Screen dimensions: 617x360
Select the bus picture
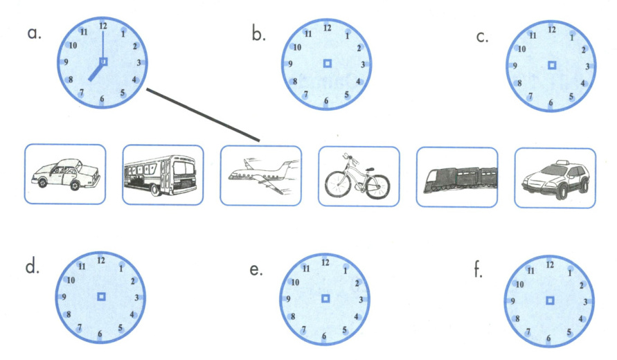[x=162, y=175]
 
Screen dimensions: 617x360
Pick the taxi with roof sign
[x=555, y=178]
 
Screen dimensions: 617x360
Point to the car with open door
[x=65, y=174]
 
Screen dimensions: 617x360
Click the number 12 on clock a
[x=103, y=26]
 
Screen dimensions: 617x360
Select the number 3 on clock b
[x=362, y=65]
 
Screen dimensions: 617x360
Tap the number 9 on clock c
[x=515, y=66]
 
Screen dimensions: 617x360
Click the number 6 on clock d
[x=101, y=334]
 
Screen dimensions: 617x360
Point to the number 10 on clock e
[x=296, y=282]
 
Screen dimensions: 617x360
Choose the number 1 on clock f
[x=569, y=273]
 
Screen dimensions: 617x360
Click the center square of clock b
[x=327, y=64]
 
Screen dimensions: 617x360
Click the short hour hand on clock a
[x=96, y=71]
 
